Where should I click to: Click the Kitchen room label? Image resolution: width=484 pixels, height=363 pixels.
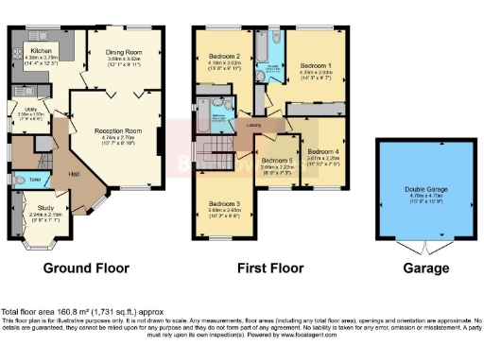[42, 50]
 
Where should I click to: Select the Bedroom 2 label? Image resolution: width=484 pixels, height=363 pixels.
[223, 57]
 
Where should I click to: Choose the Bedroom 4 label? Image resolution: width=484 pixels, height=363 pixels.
[324, 152]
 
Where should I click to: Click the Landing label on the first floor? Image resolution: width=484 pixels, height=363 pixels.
[254, 124]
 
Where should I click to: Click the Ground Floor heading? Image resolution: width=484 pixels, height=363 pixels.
[86, 268]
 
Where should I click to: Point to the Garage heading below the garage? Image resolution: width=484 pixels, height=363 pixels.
[426, 268]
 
